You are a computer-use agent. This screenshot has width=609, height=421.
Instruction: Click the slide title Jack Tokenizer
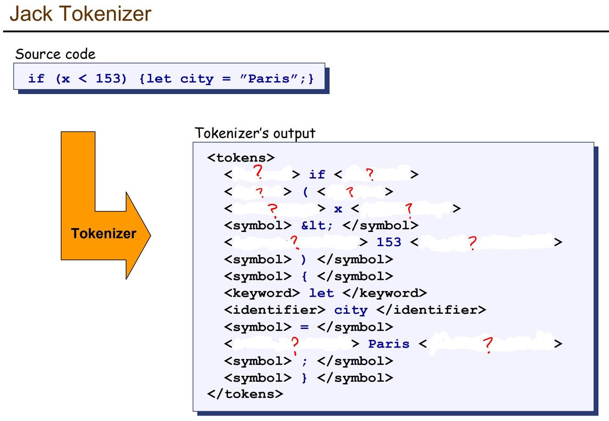click(80, 13)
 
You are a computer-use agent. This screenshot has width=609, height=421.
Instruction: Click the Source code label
click(55, 54)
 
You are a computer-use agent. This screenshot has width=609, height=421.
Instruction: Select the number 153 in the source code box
click(111, 79)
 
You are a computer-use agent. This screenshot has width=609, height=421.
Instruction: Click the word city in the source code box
click(197, 79)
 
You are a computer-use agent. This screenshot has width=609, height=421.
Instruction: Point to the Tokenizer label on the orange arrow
click(104, 233)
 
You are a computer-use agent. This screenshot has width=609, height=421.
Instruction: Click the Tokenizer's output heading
click(255, 133)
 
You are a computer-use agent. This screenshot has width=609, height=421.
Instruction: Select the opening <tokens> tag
click(241, 158)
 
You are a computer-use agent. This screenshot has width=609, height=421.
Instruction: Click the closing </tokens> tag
click(245, 394)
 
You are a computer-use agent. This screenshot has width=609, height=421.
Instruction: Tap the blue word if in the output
click(317, 174)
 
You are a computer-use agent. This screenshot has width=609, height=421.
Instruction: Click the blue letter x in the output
click(338, 209)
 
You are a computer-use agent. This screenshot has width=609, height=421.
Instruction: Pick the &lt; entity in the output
click(317, 225)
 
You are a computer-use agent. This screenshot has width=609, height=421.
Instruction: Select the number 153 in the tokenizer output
click(388, 242)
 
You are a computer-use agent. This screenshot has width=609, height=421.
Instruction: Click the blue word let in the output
click(321, 293)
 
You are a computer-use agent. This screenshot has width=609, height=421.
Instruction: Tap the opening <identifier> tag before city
click(274, 310)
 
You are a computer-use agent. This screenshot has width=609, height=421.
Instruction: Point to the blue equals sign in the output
click(304, 327)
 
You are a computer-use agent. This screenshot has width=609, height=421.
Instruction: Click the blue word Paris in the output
click(388, 344)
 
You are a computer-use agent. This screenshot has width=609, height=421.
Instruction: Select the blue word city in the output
click(351, 310)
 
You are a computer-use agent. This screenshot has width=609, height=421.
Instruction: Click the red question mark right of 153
click(472, 242)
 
